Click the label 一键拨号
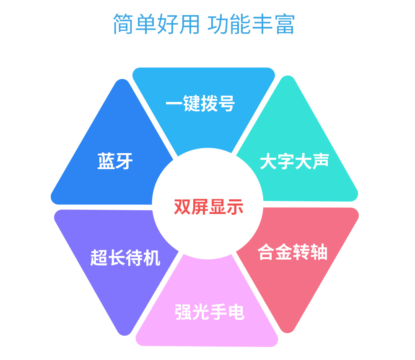(200, 103)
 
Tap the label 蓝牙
(115, 161)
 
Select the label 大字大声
(294, 161)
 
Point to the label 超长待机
(125, 258)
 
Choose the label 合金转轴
(293, 252)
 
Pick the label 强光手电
(209, 312)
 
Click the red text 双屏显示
(209, 206)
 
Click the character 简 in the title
(123, 24)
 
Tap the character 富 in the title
(285, 24)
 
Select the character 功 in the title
(218, 24)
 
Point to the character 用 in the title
(189, 24)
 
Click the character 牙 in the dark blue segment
(124, 161)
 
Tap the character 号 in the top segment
(226, 103)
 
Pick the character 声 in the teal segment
(321, 161)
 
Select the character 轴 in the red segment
(319, 252)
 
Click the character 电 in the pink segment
(236, 312)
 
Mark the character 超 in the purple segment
(99, 258)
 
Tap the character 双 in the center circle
(182, 206)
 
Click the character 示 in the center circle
(235, 206)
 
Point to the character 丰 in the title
(262, 24)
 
